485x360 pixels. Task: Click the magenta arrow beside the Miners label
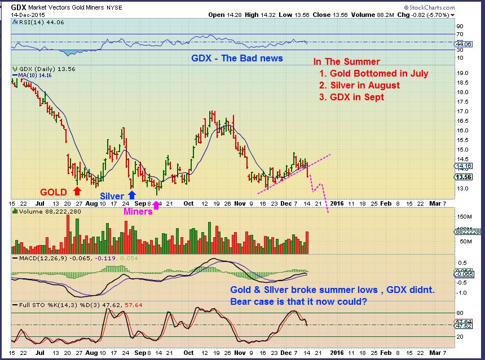(x=156, y=204)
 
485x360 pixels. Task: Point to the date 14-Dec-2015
(x=25, y=14)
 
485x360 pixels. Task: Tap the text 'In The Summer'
(x=346, y=62)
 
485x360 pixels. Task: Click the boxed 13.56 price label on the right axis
(x=464, y=176)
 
